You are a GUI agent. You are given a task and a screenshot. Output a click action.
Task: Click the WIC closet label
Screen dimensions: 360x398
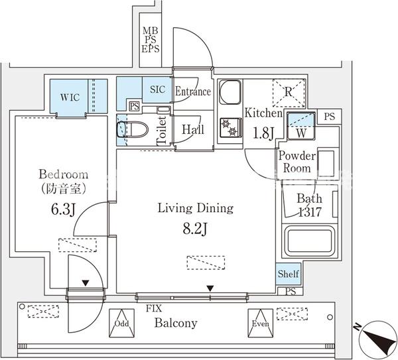[70, 97]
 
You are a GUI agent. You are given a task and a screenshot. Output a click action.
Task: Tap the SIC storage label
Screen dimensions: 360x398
[158, 90]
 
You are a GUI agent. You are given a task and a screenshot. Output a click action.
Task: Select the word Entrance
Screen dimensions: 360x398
[193, 91]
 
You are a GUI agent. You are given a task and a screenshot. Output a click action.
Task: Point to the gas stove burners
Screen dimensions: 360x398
[230, 127]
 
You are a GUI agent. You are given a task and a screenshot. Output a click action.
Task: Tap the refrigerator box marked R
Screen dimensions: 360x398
[289, 92]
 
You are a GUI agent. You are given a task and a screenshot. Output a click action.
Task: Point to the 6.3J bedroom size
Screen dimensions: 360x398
[64, 210]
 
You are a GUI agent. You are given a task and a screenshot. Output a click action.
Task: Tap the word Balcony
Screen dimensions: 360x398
[176, 324]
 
